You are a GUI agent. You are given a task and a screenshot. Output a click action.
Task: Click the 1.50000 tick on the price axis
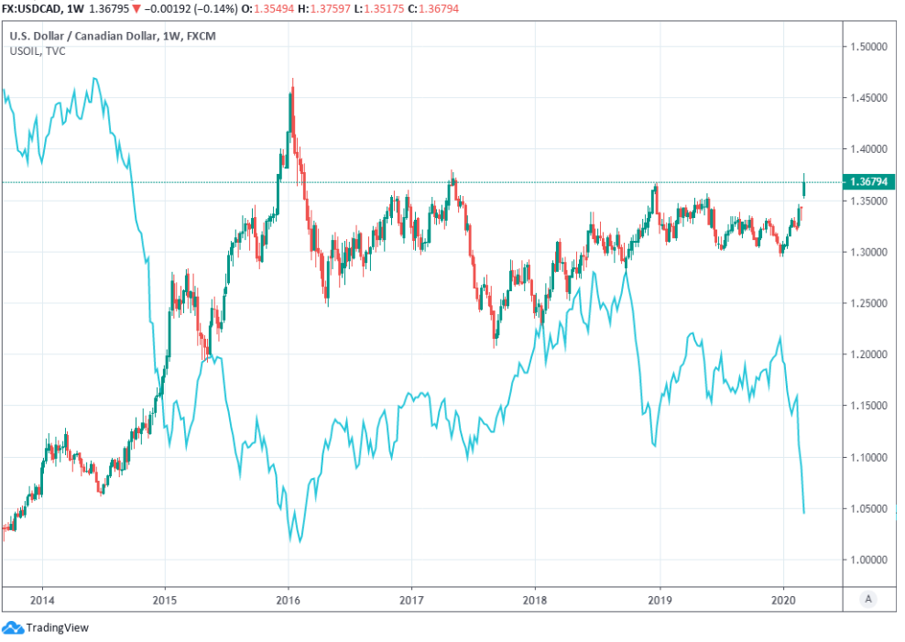tap(873, 46)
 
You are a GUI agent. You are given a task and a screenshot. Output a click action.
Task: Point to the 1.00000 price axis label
tap(873, 560)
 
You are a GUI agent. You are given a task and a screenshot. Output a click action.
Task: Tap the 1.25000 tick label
tap(873, 303)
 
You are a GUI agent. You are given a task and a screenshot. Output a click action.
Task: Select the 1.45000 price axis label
tap(873, 97)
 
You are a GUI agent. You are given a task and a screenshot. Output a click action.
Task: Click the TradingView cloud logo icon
tap(13, 627)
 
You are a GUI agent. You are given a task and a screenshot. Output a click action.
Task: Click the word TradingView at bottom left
tap(56, 628)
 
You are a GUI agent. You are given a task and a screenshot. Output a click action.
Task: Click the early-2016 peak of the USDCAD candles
tap(292, 81)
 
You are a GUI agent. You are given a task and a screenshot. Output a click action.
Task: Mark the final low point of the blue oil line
tap(804, 513)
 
